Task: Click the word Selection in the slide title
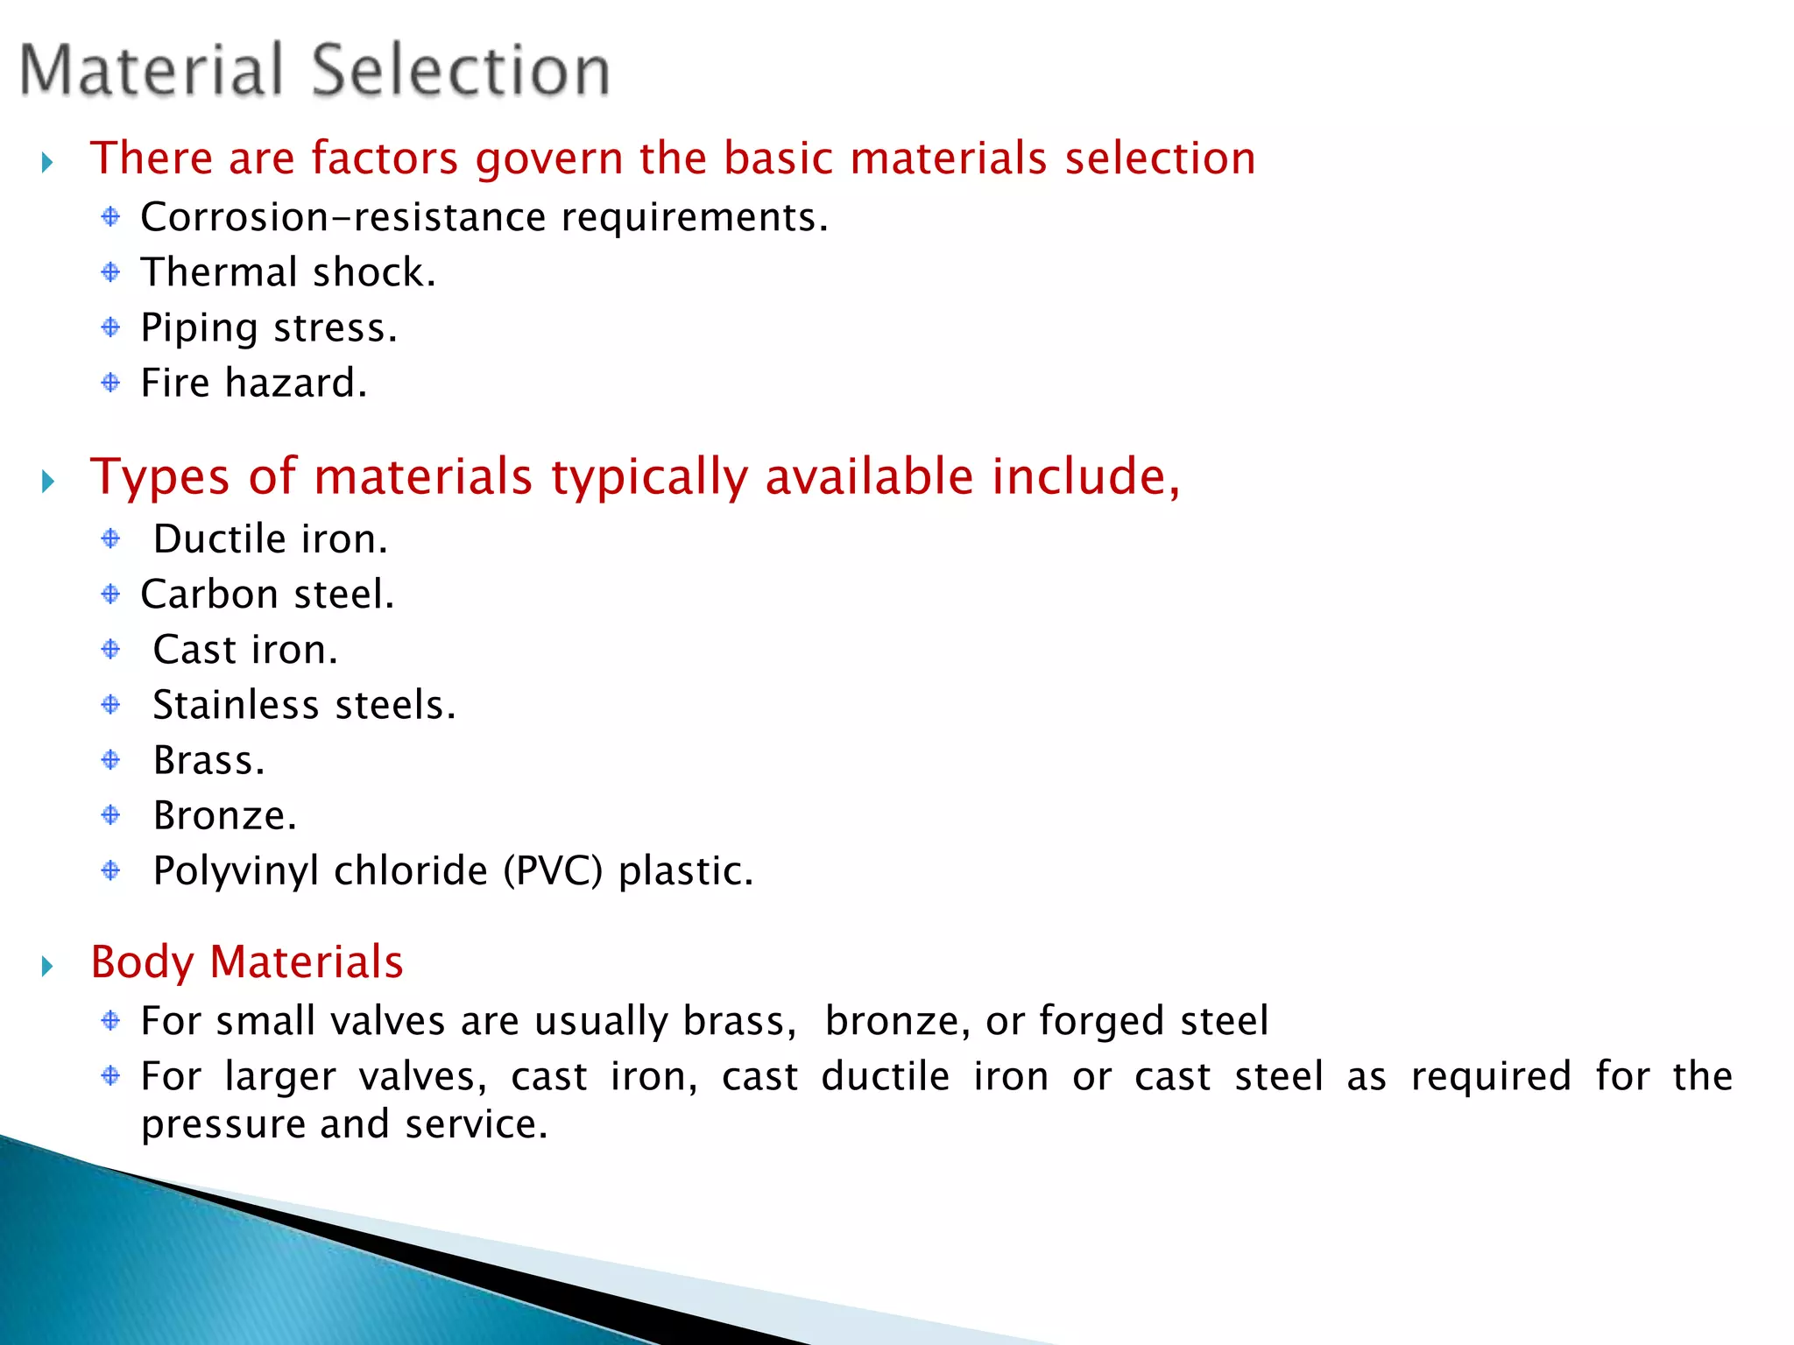pyautogui.click(x=461, y=70)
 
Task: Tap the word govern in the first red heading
pyautogui.click(x=549, y=159)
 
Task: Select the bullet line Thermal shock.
pyautogui.click(x=288, y=272)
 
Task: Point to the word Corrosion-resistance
pyautogui.click(x=343, y=217)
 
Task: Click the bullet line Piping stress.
pyautogui.click(x=269, y=328)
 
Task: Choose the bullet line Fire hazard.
pyautogui.click(x=254, y=384)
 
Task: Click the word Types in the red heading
pyautogui.click(x=160, y=478)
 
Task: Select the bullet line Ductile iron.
pyautogui.click(x=270, y=539)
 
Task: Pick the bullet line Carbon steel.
pyautogui.click(x=267, y=595)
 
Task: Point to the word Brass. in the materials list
pyautogui.click(x=208, y=760)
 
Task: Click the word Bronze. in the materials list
pyautogui.click(x=225, y=816)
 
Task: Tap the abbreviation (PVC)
pyautogui.click(x=553, y=871)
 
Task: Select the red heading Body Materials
pyautogui.click(x=247, y=962)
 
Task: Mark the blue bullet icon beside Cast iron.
pyautogui.click(x=110, y=649)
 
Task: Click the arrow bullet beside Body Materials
pyautogui.click(x=48, y=966)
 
